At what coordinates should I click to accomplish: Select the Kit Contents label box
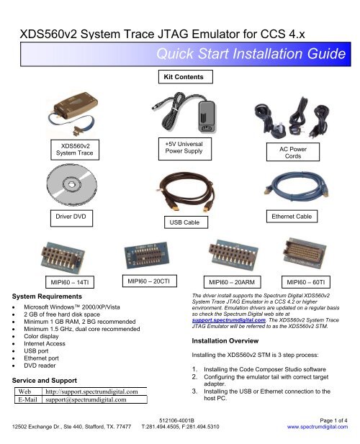[x=180, y=76]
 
